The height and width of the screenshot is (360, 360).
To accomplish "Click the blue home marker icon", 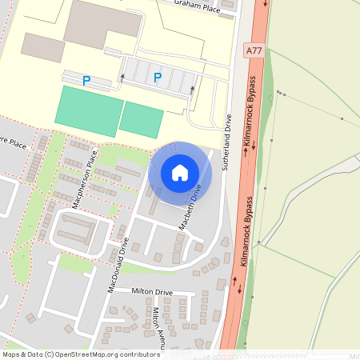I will click(180, 173).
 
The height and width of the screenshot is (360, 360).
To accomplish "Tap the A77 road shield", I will click(254, 50).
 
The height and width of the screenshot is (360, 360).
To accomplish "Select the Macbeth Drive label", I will click(189, 206).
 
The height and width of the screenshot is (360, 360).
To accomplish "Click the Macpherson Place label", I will click(84, 178).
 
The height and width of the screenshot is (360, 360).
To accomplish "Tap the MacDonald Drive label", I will click(118, 263).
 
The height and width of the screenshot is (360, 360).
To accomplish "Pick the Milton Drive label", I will click(152, 293).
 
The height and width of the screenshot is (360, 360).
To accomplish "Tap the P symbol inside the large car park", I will click(158, 78).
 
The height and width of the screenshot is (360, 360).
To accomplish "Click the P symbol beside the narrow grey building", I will click(86, 80).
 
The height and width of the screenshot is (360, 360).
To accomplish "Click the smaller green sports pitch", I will click(142, 119).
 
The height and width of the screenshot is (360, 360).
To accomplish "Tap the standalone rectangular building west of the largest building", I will click(42, 47).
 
